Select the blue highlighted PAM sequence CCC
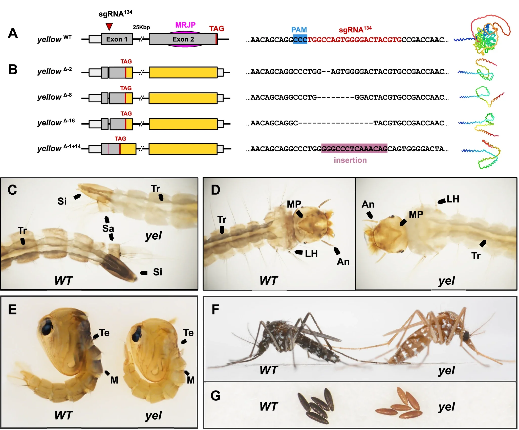300,40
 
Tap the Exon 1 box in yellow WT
117,39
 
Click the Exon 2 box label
183,39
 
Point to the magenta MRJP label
185,25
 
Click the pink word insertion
350,160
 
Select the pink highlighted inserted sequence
354,148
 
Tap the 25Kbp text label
141,27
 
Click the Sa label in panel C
108,229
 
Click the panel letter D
215,190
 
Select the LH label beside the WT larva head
311,254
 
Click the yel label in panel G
447,407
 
